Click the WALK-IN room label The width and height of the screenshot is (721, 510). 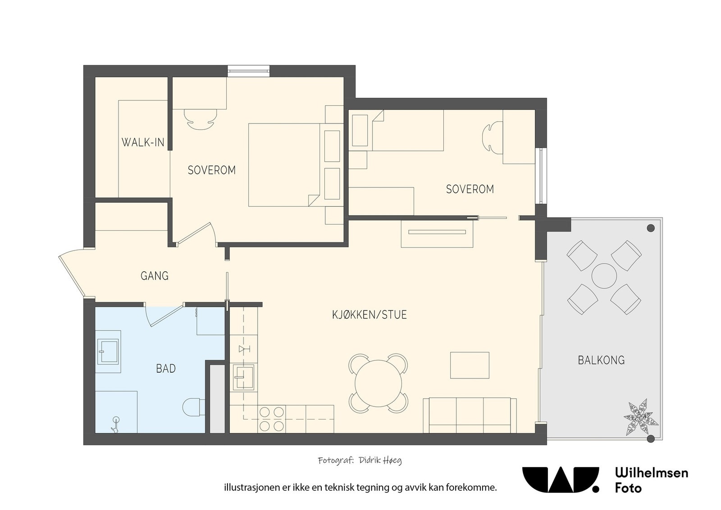[x=143, y=142]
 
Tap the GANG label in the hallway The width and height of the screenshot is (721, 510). [x=155, y=276]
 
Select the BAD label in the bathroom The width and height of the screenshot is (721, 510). [x=166, y=369]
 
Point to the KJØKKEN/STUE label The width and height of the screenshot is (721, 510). [x=370, y=314]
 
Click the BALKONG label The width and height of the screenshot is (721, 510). [x=601, y=360]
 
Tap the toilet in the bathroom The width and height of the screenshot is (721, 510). [x=194, y=407]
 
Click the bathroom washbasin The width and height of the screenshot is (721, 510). [x=109, y=352]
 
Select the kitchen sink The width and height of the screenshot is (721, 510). [x=244, y=377]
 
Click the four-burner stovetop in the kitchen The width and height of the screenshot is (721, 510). [x=271, y=419]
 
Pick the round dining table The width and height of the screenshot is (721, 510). [x=379, y=383]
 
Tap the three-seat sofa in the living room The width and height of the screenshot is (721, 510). [x=470, y=415]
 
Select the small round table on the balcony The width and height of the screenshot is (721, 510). [x=604, y=276]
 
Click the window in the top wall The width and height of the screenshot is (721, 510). [x=248, y=71]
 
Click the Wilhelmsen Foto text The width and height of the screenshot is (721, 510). [x=652, y=480]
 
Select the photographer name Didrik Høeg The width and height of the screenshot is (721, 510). [x=380, y=461]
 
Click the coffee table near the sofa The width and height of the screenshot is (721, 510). [x=470, y=365]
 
